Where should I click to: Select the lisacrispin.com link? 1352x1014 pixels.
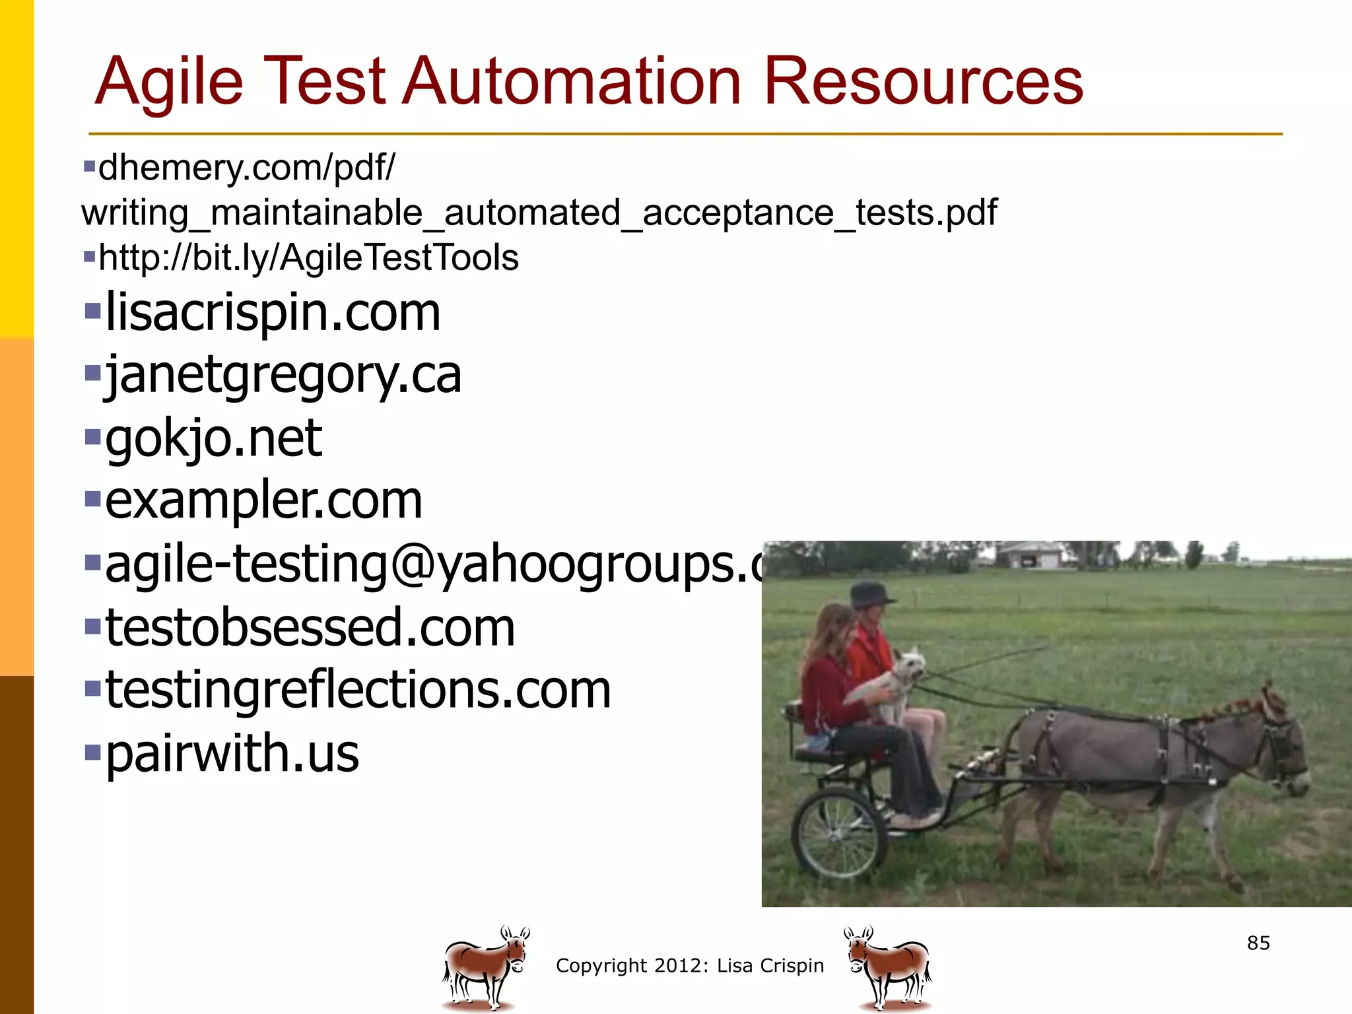273,312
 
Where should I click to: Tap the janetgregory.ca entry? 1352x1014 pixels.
283,375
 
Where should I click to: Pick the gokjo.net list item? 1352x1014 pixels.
213,438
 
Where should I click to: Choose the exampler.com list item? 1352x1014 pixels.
263,500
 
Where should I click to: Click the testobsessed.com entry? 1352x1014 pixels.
310,627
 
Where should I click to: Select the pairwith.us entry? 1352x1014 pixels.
232,753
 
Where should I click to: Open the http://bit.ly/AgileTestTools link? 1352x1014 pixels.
308,257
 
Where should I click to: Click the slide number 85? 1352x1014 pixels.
1258,943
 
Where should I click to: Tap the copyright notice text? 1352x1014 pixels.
690,966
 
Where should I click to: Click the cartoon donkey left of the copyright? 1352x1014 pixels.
486,967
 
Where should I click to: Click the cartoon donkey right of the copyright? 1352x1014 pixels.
888,967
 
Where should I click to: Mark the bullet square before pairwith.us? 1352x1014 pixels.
92,751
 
